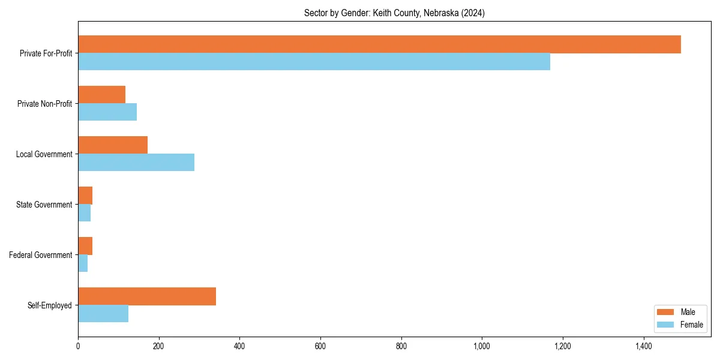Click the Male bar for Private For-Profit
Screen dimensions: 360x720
(379, 44)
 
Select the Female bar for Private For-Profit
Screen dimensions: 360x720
(314, 62)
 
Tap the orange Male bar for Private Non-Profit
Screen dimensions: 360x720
(101, 95)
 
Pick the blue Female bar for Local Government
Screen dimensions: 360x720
(136, 163)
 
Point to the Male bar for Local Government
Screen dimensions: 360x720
(113, 145)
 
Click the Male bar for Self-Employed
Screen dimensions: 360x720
(147, 296)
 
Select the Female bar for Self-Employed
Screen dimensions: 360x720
(103, 314)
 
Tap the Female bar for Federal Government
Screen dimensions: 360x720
(83, 263)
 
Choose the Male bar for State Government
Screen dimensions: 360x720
(85, 196)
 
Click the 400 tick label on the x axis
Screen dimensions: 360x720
(239, 346)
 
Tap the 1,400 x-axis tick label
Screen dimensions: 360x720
(643, 346)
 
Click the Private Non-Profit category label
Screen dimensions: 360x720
(44, 104)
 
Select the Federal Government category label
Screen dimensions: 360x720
(41, 255)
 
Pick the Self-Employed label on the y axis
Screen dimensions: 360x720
(49, 305)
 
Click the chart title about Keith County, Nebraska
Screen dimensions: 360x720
(394, 13)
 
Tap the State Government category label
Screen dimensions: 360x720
(44, 205)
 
